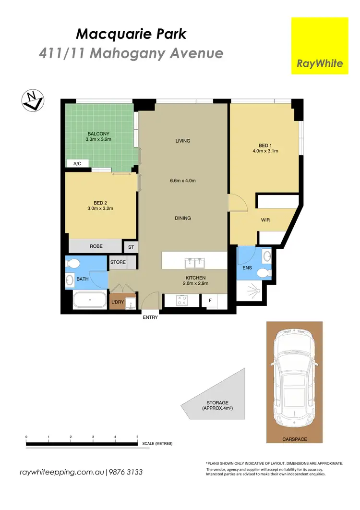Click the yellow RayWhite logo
pos(320,46)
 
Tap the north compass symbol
pos(33,100)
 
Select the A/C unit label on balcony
pos(77,164)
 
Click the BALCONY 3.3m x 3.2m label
pos(98,136)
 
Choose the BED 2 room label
pos(100,206)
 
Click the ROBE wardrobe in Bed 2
pos(96,246)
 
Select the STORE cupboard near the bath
pos(118,262)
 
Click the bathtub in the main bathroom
pos(90,301)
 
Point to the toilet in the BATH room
pos(72,263)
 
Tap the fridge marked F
pos(210,301)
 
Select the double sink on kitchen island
pos(194,262)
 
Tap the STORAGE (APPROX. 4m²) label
pos(218,406)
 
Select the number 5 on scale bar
pos(137,437)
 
